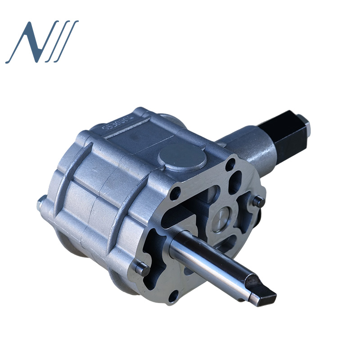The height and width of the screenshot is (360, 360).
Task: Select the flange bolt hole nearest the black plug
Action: tap(230, 165)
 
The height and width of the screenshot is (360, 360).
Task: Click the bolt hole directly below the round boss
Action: tap(175, 193)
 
